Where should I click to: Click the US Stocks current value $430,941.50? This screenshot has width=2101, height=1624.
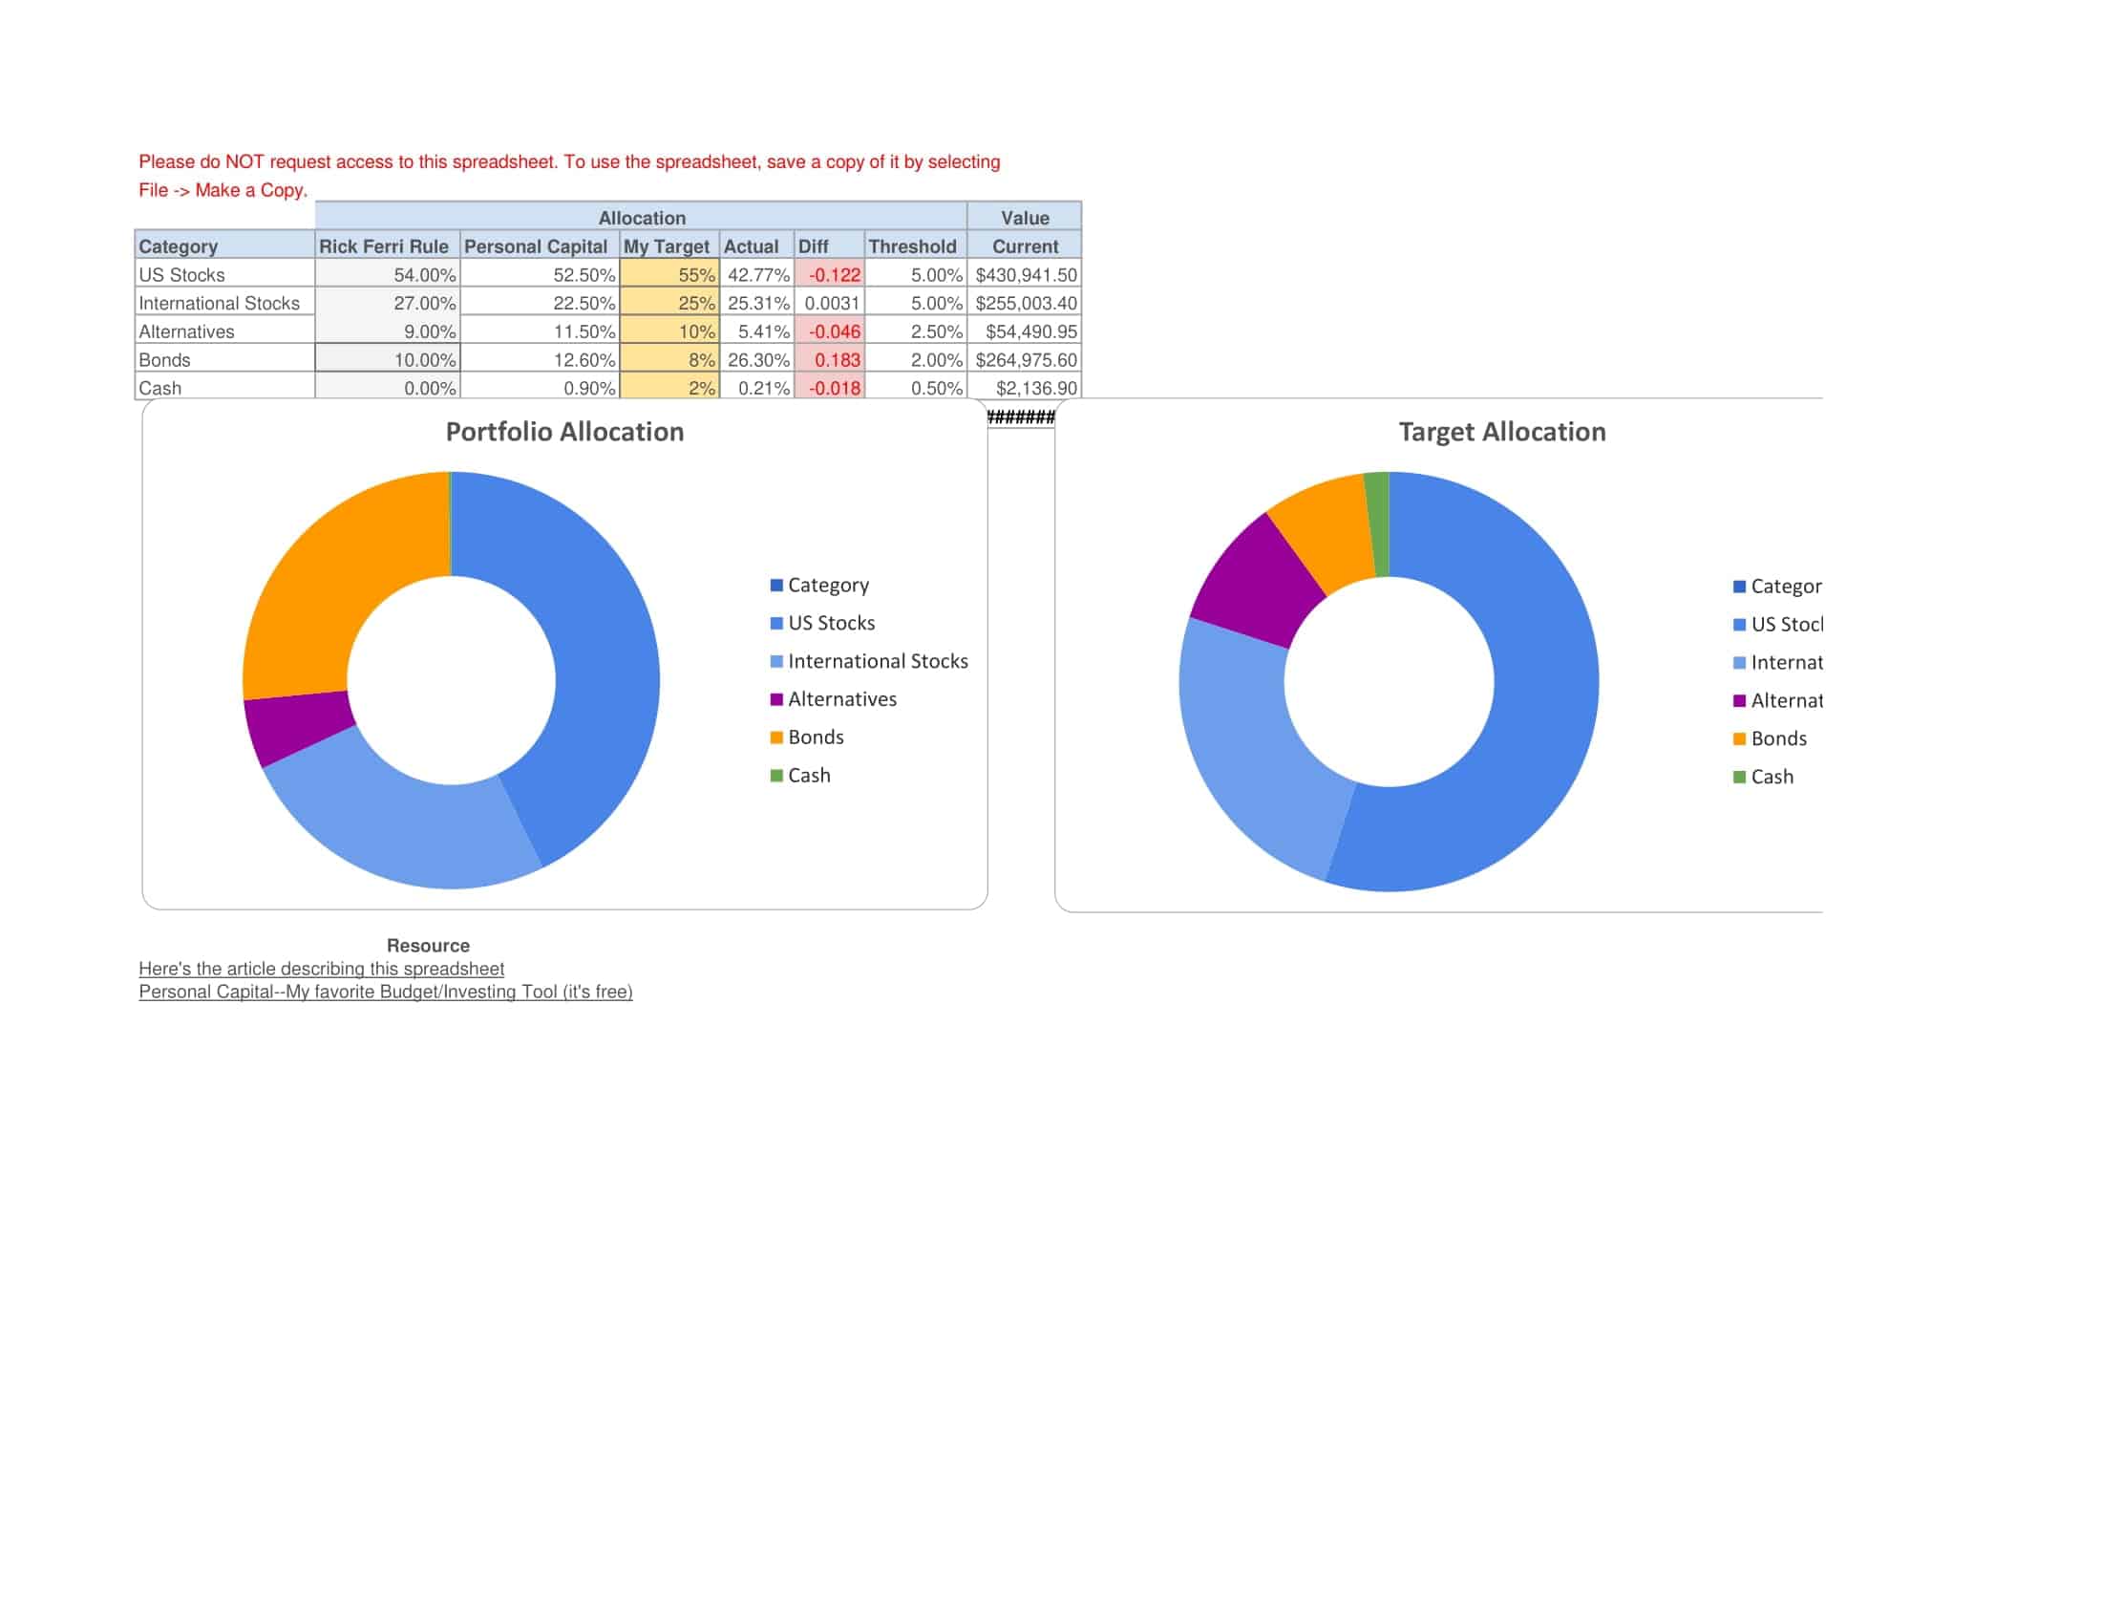[1026, 275]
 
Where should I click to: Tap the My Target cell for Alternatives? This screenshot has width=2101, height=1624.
[670, 331]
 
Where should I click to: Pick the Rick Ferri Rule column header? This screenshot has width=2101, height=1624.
[383, 246]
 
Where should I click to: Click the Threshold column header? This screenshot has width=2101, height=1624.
[912, 246]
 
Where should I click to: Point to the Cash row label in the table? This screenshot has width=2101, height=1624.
[159, 388]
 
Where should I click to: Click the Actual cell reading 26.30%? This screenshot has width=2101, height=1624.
[758, 360]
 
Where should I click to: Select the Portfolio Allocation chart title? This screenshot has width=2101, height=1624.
[564, 432]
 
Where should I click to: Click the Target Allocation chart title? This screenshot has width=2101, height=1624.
[1501, 432]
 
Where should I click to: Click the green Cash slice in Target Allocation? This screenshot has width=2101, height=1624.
[1377, 524]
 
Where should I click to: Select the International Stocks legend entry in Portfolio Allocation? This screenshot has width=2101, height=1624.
[877, 661]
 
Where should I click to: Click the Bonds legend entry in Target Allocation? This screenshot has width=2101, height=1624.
[1778, 738]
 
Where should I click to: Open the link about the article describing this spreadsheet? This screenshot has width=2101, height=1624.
[321, 969]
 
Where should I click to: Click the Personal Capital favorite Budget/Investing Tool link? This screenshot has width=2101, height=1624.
[386, 992]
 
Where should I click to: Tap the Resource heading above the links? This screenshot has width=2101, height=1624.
[428, 946]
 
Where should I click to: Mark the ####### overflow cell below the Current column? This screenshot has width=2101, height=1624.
[1021, 417]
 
